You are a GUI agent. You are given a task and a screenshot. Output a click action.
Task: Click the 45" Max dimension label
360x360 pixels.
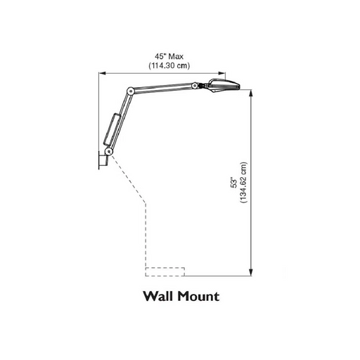(169, 56)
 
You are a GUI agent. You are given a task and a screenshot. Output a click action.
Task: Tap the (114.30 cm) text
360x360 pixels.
(169, 65)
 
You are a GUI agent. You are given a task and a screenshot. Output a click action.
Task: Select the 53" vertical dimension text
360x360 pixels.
(234, 184)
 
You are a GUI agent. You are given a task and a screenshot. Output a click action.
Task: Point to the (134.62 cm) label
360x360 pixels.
(243, 182)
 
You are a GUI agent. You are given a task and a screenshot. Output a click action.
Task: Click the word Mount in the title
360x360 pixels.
(198, 296)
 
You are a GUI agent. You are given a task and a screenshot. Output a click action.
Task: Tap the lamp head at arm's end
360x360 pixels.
(223, 86)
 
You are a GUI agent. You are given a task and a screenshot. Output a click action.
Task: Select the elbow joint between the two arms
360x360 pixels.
(130, 91)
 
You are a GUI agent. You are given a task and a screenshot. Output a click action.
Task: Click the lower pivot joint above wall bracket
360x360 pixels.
(109, 151)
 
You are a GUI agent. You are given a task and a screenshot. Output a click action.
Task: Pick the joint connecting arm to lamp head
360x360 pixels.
(195, 85)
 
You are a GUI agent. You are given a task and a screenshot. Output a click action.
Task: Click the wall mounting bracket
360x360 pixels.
(103, 160)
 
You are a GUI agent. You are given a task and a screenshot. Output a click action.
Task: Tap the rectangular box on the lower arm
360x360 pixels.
(112, 129)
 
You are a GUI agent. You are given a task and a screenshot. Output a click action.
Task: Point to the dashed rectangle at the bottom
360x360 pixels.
(165, 271)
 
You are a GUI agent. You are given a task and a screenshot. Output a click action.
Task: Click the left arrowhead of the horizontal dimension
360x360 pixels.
(102, 73)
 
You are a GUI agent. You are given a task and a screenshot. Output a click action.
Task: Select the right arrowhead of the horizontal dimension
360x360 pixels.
(221, 73)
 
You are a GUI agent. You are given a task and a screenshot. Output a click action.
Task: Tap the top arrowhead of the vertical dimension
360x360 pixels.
(251, 94)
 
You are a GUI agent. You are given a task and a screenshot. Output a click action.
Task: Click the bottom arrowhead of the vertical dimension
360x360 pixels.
(251, 272)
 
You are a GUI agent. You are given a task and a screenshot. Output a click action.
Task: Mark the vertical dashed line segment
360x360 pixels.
(146, 235)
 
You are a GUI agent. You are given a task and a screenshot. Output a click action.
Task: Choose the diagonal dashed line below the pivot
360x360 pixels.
(128, 179)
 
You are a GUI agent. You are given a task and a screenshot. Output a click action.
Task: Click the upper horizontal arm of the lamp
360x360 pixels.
(162, 87)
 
